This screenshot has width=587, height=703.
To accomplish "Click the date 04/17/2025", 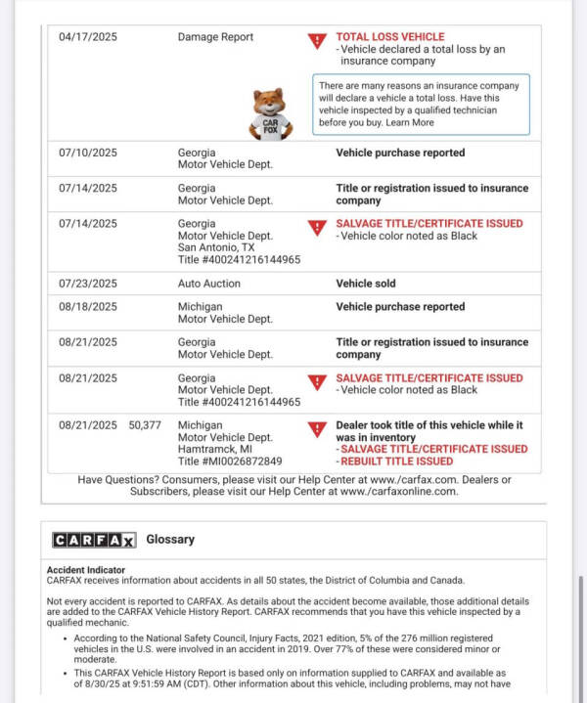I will [x=87, y=37].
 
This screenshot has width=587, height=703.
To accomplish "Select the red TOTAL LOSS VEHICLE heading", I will [x=389, y=37].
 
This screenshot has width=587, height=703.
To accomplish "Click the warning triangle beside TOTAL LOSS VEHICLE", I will [x=317, y=41].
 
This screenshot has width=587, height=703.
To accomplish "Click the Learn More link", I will [x=410, y=123].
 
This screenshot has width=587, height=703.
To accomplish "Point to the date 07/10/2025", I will [x=87, y=154].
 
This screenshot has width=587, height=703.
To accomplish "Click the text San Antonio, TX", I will [x=216, y=248].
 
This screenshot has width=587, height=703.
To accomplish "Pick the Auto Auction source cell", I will [x=208, y=284].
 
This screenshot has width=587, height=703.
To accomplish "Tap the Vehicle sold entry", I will [x=366, y=284].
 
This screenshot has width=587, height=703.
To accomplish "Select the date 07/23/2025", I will [x=87, y=284].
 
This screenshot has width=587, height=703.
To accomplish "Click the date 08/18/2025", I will [x=87, y=307].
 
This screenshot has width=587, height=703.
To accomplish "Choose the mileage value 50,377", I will [x=145, y=425].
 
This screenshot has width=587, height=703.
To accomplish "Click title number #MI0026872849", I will [x=230, y=461].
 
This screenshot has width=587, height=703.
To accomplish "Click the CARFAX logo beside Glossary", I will [x=94, y=540].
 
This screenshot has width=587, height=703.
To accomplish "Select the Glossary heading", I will [x=170, y=540].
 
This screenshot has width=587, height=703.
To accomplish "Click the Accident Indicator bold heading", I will [x=86, y=569].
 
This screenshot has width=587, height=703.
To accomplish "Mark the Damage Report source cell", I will [x=215, y=37].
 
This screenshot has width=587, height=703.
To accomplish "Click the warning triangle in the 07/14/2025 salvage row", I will [x=317, y=228].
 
